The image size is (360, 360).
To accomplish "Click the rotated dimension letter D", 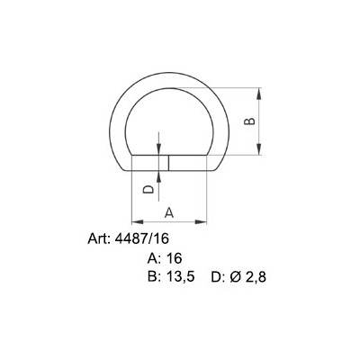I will [148, 190].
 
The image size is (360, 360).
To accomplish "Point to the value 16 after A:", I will [175, 257].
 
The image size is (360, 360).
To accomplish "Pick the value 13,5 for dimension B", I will [182, 276].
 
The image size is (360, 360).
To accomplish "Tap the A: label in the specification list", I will [154, 257].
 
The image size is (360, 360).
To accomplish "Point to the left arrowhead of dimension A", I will [135, 221].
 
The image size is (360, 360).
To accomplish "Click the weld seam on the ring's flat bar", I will [169, 163].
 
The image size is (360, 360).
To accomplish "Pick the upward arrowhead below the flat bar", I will [160, 174].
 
